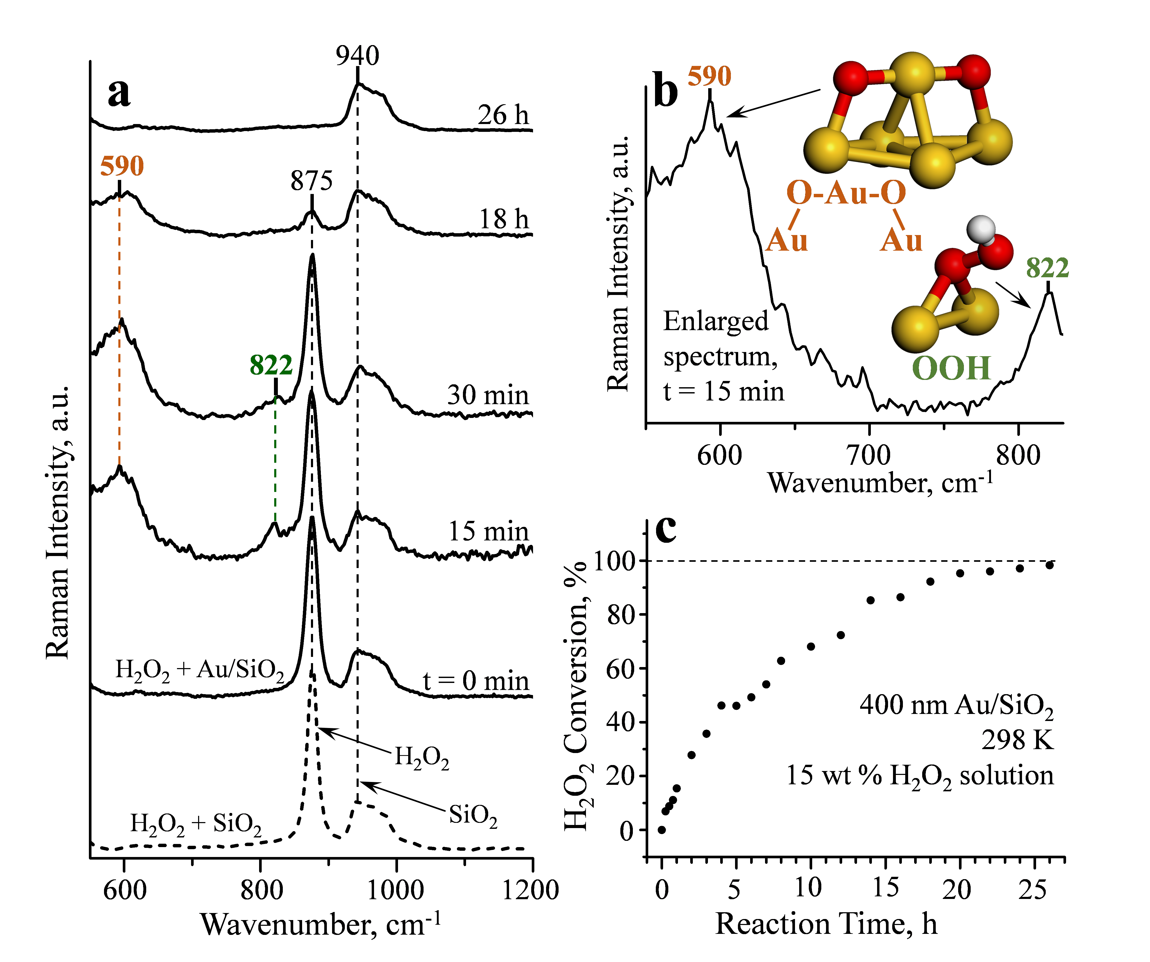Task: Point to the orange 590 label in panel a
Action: pyautogui.click(x=121, y=165)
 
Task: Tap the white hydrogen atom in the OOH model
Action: pyautogui.click(x=980, y=230)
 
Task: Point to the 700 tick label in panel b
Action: pyautogui.click(x=869, y=455)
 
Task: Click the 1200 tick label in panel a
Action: pyautogui.click(x=530, y=890)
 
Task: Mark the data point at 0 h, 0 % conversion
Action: pyautogui.click(x=662, y=830)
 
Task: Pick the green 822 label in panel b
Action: pyautogui.click(x=1047, y=268)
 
